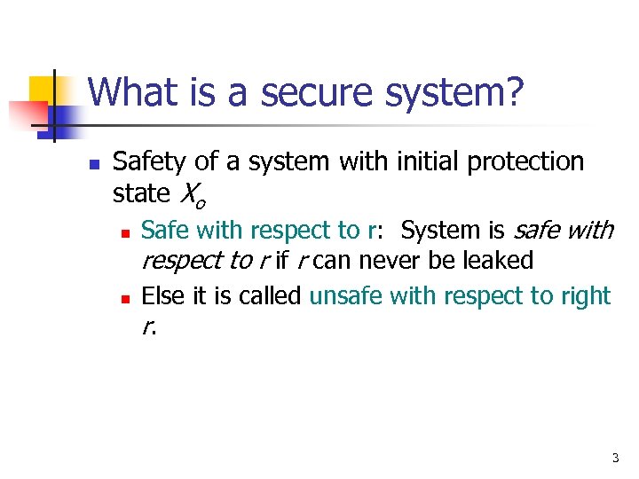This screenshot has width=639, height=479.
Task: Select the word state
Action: [x=142, y=192]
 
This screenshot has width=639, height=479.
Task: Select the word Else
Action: [x=161, y=295]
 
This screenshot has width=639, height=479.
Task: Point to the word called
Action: [x=272, y=295]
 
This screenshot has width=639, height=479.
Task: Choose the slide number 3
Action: [x=614, y=459]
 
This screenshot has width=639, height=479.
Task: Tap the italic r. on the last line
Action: [x=147, y=328]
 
